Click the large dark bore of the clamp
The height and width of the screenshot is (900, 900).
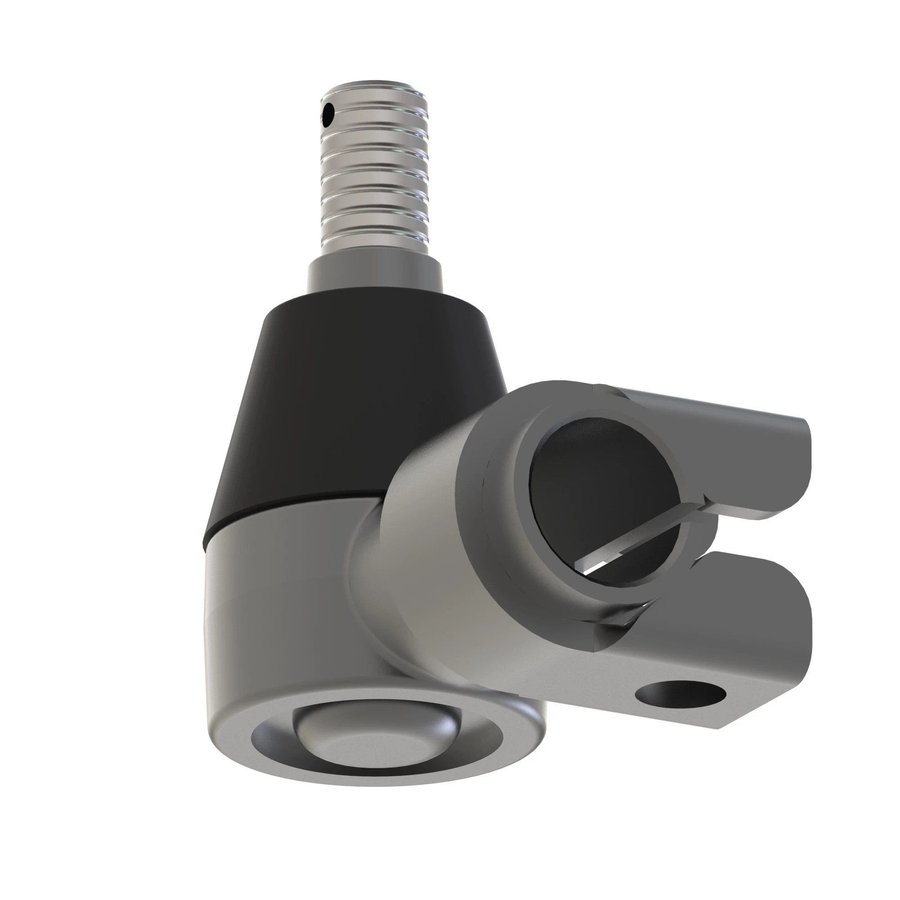click(x=601, y=480)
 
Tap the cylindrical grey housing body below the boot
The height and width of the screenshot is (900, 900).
click(x=279, y=620)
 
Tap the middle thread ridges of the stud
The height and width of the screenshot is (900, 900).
click(x=374, y=177)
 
